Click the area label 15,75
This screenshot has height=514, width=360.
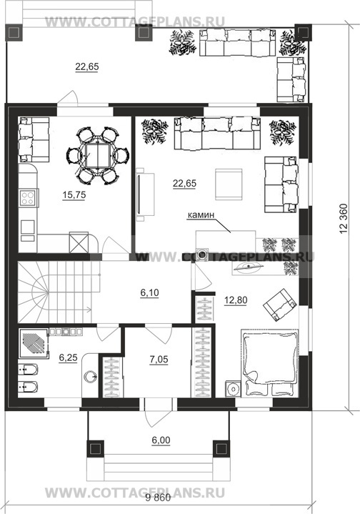pyautogui.click(x=74, y=195)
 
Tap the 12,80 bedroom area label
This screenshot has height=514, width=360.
pyautogui.click(x=236, y=300)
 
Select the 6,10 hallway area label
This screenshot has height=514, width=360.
pyautogui.click(x=150, y=292)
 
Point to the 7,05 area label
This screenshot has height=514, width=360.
pyautogui.click(x=159, y=360)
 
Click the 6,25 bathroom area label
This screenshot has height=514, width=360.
pyautogui.click(x=68, y=357)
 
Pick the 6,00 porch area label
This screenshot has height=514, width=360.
pyautogui.click(x=161, y=440)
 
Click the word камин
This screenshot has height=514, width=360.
pyautogui.click(x=201, y=215)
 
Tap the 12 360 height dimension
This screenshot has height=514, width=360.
pyautogui.click(x=344, y=219)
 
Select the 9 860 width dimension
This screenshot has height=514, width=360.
pyautogui.click(x=158, y=498)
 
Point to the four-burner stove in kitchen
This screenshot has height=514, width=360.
pyautogui.click(x=28, y=198)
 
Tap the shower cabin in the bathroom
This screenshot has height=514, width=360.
pyautogui.click(x=34, y=342)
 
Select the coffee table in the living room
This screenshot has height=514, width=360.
pyautogui.click(x=229, y=184)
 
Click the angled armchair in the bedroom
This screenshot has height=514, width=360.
pyautogui.click(x=281, y=305)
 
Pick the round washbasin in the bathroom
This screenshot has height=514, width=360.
pyautogui.click(x=90, y=376)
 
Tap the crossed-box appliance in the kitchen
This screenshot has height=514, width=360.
pyautogui.click(x=79, y=242)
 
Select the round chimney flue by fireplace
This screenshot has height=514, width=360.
pyautogui.click(x=203, y=253)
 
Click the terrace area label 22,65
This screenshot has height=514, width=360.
pyautogui.click(x=87, y=67)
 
